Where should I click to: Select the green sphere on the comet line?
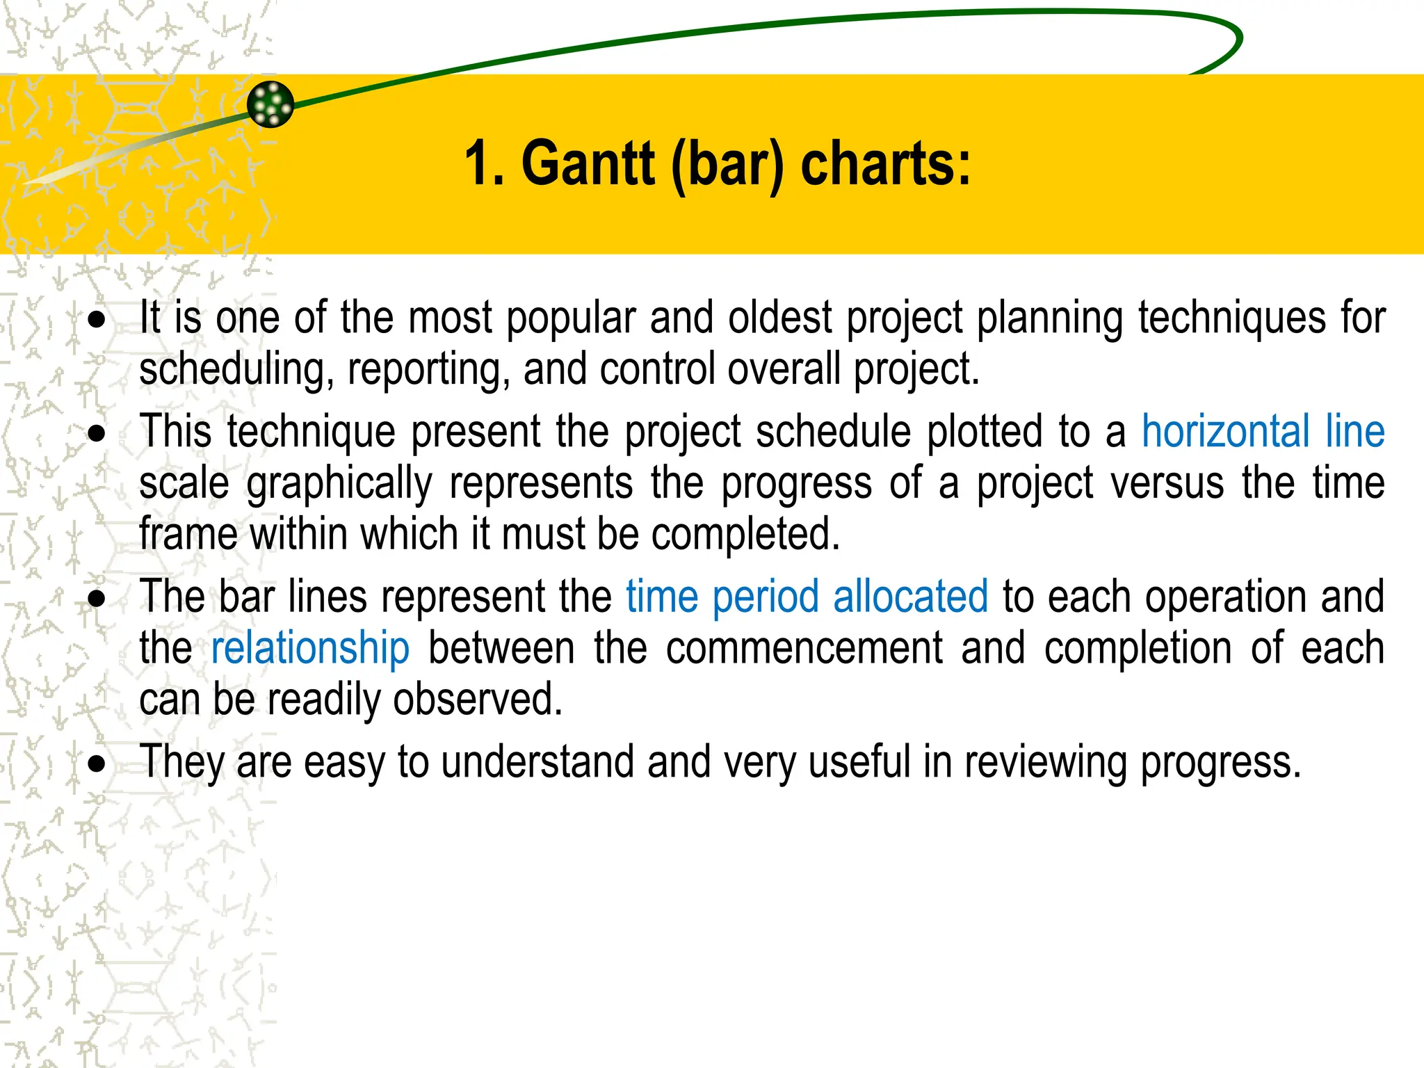[x=270, y=104]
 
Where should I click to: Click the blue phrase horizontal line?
[x=1263, y=431]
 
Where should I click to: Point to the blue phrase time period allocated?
[x=807, y=597]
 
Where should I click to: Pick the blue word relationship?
[x=310, y=648]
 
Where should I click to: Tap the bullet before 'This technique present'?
[x=97, y=435]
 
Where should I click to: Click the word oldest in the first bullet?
[x=779, y=318]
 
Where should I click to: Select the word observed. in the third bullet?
[x=477, y=699]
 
